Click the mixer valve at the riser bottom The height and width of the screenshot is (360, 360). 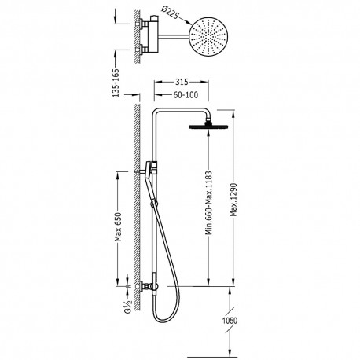pyautogui.click(x=147, y=288)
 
